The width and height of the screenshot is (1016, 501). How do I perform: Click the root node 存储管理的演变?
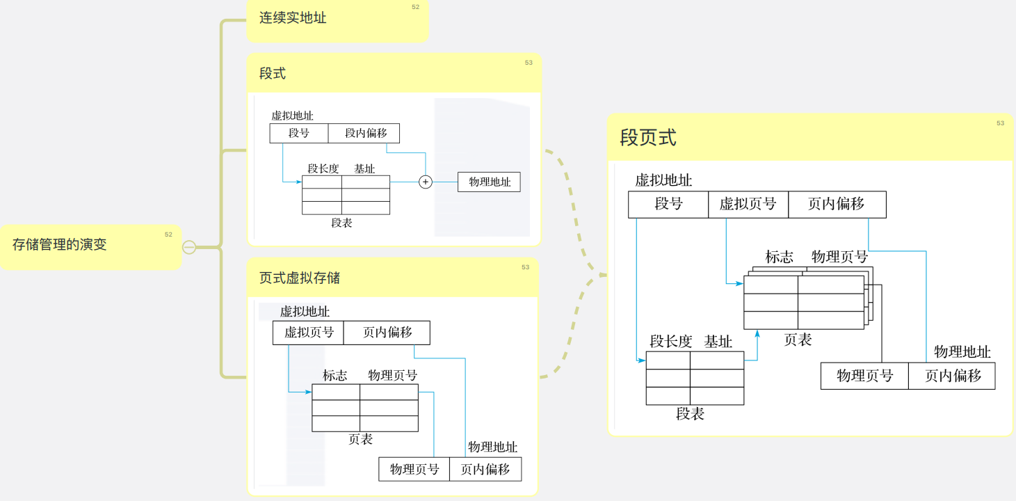60,245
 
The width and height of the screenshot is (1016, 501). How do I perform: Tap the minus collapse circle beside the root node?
188,247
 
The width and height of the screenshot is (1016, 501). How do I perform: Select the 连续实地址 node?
293,18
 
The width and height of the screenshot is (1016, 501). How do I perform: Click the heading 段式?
273,74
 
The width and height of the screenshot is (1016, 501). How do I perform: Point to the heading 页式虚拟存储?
300,278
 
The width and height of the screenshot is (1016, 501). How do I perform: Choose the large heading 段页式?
648,138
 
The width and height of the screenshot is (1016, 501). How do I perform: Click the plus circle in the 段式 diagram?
426,182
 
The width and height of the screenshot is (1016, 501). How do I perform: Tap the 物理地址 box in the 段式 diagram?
489,182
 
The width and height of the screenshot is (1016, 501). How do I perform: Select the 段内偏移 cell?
366,133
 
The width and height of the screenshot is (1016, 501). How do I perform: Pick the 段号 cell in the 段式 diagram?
299,133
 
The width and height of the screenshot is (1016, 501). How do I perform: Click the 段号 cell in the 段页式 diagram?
668,204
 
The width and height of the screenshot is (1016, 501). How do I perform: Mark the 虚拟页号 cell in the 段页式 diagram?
748,204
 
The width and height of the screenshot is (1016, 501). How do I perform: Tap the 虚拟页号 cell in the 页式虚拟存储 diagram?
308,333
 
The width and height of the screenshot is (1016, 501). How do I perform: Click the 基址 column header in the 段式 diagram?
364,168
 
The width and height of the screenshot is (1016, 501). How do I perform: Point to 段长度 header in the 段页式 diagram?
671,342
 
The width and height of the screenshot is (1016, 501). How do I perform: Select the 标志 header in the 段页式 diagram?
779,257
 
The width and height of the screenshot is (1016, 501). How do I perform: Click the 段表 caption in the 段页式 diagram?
691,414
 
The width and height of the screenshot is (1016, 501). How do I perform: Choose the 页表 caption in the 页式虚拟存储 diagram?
360,439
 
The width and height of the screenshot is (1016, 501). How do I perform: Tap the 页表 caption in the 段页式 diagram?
798,340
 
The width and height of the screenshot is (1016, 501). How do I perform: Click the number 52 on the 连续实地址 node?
415,7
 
